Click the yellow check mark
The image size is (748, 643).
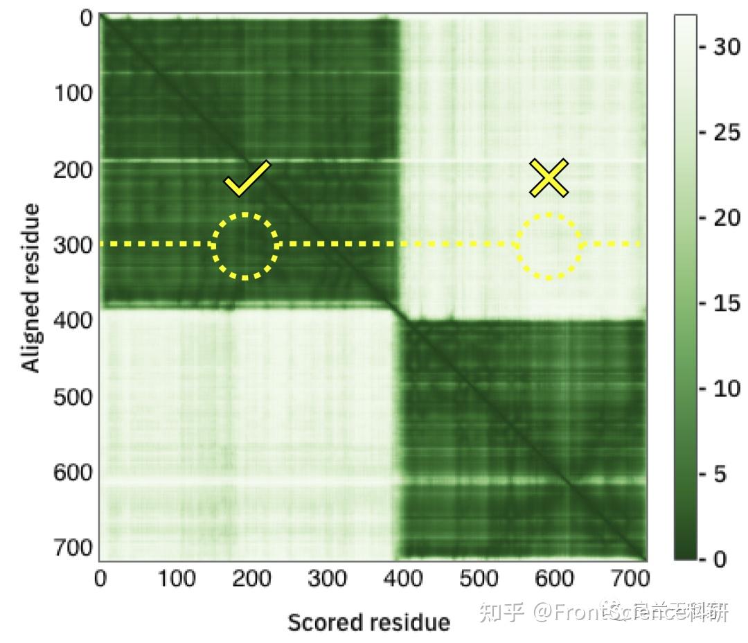[x=247, y=178]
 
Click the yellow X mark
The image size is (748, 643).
[x=549, y=177]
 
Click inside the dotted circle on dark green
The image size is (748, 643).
[x=245, y=245]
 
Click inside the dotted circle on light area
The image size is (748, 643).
[x=549, y=246]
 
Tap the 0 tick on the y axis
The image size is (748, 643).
[x=86, y=19]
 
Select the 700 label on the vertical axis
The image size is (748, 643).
[x=73, y=547]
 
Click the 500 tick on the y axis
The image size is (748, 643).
[x=73, y=397]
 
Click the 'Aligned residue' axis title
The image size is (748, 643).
[x=31, y=288]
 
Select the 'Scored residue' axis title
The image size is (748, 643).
[x=368, y=622]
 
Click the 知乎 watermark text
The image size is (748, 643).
[x=501, y=612]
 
